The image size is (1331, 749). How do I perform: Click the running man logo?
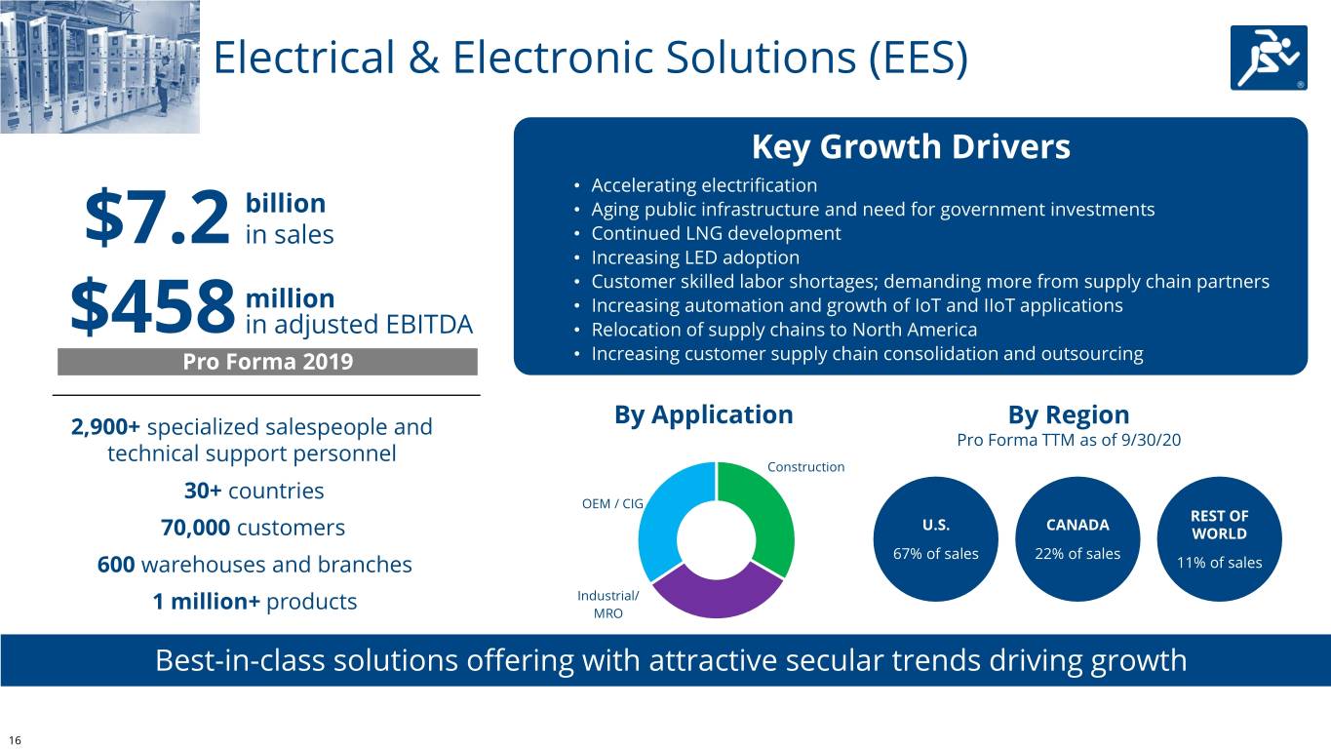[x=1269, y=58]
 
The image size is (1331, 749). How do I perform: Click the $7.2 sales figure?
[x=157, y=217]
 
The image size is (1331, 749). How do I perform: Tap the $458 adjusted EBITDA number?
[x=153, y=307]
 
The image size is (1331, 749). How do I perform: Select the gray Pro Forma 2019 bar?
[x=267, y=362]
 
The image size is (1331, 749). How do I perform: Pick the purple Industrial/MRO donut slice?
[x=717, y=596]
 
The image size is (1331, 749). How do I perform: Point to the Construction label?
[x=805, y=466]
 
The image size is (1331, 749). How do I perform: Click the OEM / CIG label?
[x=612, y=503]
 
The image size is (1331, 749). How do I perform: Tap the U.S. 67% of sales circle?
[x=935, y=539]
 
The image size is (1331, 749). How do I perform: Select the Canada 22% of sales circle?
[x=1077, y=539]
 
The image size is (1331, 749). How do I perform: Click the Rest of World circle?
[x=1219, y=539]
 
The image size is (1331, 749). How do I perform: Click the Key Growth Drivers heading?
[x=911, y=147]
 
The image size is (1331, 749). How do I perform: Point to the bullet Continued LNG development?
[x=716, y=233]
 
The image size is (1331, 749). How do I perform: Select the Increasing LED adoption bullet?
[x=695, y=257]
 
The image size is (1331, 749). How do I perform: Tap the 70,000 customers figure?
[x=253, y=528]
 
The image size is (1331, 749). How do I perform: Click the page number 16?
[x=15, y=740]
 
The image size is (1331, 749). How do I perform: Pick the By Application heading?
[x=704, y=414]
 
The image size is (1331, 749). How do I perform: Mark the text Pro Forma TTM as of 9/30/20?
[x=1069, y=440]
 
